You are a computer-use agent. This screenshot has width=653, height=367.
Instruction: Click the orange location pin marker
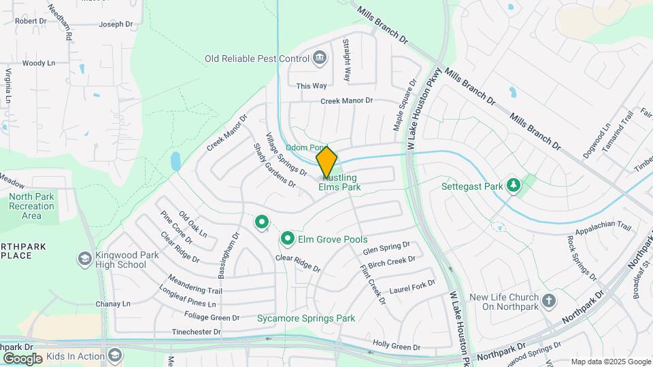(326, 161)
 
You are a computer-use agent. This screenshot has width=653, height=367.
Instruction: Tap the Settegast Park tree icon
(515, 184)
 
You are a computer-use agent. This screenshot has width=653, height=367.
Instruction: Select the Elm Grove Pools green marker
(288, 239)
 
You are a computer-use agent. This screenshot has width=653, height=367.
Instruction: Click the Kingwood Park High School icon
(84, 259)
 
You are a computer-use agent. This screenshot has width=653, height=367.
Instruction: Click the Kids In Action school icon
(116, 355)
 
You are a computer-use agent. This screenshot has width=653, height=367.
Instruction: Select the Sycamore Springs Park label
(306, 318)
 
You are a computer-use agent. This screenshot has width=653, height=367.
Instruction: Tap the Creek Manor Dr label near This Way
(348, 101)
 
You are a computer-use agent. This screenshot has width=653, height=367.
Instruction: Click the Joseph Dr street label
(116, 24)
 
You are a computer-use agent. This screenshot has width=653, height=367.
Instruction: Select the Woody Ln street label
(39, 63)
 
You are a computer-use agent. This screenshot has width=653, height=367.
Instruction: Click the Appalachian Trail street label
(603, 231)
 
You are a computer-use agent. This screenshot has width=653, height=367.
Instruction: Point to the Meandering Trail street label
(196, 291)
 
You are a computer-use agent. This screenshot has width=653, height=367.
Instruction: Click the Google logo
(22, 358)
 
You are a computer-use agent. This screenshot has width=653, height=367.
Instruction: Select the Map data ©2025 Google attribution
(611, 362)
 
